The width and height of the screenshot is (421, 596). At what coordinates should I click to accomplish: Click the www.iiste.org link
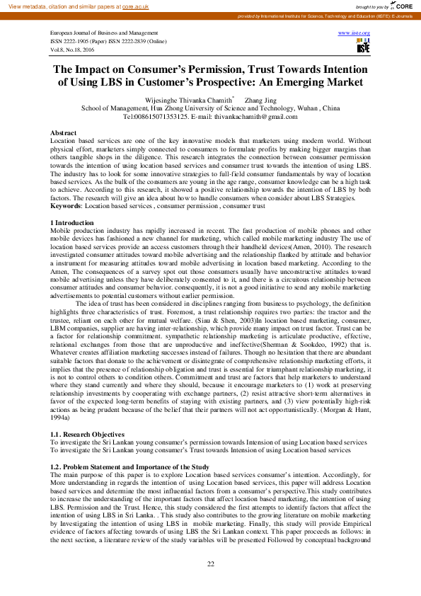coord(354,33)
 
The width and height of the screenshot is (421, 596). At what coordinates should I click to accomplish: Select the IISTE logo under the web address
coord(363,47)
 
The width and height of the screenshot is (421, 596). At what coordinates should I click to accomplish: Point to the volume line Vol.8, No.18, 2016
coord(73,50)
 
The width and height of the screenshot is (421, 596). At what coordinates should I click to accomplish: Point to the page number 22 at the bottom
coord(210,563)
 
